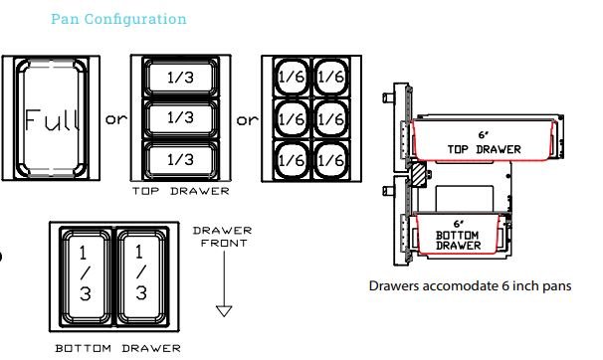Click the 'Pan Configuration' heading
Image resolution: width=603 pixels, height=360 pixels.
(118, 19)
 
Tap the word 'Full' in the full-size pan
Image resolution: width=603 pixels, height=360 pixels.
(53, 119)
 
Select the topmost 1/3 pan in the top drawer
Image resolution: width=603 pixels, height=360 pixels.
(181, 78)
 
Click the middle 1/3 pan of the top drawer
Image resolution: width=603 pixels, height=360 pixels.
(181, 118)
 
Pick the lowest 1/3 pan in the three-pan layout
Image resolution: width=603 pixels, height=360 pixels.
(181, 159)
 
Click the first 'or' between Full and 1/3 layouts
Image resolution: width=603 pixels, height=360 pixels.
(116, 119)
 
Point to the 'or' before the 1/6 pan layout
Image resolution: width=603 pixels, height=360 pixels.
(248, 120)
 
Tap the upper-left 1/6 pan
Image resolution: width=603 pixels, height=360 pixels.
(292, 77)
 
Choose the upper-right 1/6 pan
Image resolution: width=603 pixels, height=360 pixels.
(330, 77)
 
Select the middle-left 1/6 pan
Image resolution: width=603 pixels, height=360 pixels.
(292, 118)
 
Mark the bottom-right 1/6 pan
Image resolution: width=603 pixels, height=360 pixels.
(330, 160)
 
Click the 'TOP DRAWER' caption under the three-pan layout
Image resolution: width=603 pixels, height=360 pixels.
(181, 191)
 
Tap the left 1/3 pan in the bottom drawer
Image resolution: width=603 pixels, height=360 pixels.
(86, 276)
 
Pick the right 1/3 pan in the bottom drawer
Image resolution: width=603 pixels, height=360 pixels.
(142, 276)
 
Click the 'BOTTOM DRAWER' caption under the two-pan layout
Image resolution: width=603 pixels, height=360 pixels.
(118, 348)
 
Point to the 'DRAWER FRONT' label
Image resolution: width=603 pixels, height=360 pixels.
(223, 237)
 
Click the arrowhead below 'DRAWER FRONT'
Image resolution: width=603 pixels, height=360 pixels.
(224, 311)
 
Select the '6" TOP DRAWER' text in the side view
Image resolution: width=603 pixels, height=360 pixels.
(485, 143)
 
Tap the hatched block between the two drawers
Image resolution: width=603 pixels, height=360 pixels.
(419, 174)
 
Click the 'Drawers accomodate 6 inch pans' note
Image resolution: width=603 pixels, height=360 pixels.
(470, 285)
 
